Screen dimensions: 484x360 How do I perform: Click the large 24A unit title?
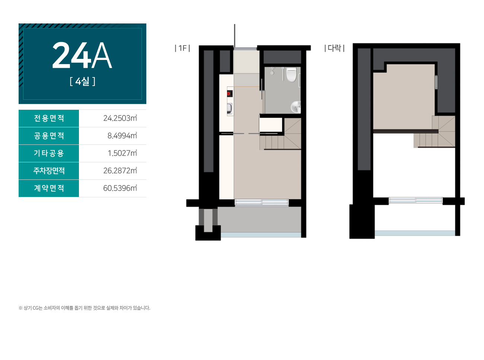click(82, 55)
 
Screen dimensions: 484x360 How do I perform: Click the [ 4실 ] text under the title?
click(82, 82)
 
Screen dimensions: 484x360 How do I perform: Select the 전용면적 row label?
click(49, 118)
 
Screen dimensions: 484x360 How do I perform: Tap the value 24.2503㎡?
click(120, 118)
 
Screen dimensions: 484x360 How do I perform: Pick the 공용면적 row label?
click(49, 136)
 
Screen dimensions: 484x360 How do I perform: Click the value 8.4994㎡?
click(122, 136)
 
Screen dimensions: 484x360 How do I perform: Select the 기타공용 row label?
click(49, 153)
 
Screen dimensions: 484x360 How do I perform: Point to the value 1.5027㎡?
click(122, 153)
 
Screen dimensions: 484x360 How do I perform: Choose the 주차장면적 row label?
click(49, 171)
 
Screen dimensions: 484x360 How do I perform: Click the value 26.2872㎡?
click(120, 171)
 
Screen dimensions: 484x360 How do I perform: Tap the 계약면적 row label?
click(49, 188)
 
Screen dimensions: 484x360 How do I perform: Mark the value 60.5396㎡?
click(120, 188)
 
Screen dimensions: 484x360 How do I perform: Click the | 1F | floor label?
click(182, 48)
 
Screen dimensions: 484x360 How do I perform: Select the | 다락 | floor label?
click(334, 48)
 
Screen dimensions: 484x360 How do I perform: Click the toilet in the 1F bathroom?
click(291, 74)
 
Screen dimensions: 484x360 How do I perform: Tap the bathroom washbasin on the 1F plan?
click(296, 106)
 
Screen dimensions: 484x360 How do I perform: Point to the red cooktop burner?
click(229, 94)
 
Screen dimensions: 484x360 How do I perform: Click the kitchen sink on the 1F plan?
click(230, 108)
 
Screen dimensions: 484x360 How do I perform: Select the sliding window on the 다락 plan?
click(415, 200)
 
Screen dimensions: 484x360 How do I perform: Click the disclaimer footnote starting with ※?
click(85, 308)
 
